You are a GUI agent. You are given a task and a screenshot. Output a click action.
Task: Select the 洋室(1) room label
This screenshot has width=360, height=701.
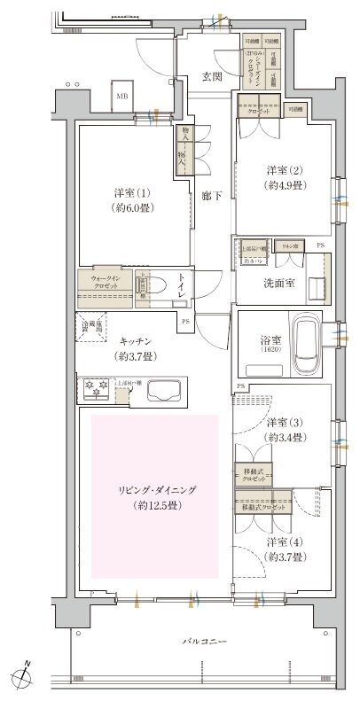[x=129, y=202]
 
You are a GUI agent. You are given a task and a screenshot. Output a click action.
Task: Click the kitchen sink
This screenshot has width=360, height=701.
[x=164, y=390]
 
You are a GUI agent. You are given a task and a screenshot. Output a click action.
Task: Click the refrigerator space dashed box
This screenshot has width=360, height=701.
[x=93, y=327]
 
